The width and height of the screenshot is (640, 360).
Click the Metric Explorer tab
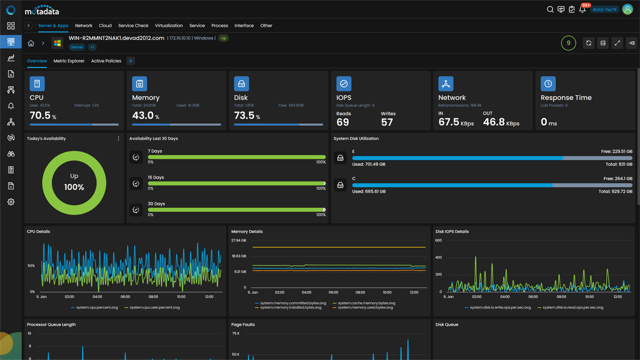click(69, 61)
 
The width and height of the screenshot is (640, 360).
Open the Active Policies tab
click(106, 61)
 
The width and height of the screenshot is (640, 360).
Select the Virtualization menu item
click(169, 25)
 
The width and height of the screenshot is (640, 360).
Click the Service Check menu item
click(133, 25)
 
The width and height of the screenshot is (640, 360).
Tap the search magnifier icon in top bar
click(550, 9)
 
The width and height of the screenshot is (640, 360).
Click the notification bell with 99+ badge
click(582, 9)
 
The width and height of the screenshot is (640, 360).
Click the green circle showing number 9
click(568, 43)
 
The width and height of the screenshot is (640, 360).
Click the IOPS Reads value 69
click(342, 122)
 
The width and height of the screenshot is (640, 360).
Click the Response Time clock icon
click(548, 84)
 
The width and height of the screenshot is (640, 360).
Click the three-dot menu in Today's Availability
click(118, 138)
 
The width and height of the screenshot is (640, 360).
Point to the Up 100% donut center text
click(74, 182)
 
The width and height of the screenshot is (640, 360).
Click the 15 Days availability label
click(156, 177)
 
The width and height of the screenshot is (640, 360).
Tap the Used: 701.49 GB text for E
click(369, 164)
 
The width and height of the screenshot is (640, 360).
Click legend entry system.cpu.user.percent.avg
click(155, 307)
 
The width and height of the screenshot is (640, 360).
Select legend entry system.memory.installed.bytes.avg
click(290, 307)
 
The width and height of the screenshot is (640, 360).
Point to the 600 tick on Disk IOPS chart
click(438, 240)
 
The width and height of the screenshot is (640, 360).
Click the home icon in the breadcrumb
click(31, 43)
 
